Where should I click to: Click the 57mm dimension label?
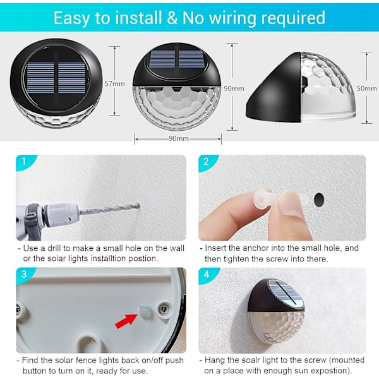tap(115, 83)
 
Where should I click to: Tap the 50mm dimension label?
tap(366, 88)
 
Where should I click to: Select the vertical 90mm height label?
tap(234, 88)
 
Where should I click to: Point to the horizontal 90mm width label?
tap(179, 138)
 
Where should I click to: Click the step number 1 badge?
tap(24, 162)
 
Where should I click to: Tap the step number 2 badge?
tap(206, 162)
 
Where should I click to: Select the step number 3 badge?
tap(24, 274)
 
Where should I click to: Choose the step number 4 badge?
tap(206, 274)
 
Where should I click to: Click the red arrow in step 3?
tap(126, 320)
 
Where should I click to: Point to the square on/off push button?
tap(145, 310)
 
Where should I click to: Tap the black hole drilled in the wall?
tap(319, 200)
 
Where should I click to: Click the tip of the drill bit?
tap(138, 206)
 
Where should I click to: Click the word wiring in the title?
tap(232, 18)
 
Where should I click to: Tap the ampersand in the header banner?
tap(172, 18)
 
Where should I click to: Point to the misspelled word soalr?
tap(244, 360)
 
